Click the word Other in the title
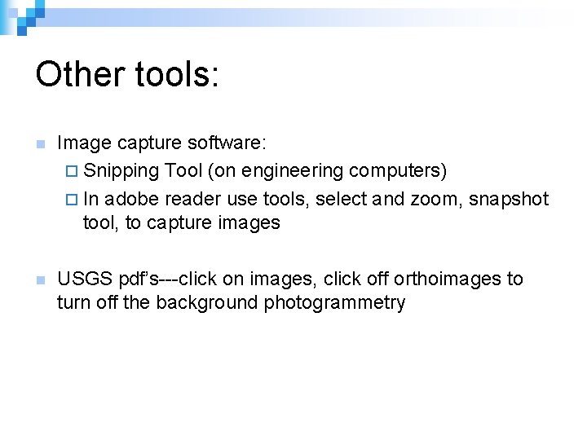point(76,74)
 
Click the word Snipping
point(121,171)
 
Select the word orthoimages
point(448,279)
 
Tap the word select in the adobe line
point(340,199)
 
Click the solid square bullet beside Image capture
point(40,145)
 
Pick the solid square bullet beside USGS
point(40,280)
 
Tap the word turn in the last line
point(71,303)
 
